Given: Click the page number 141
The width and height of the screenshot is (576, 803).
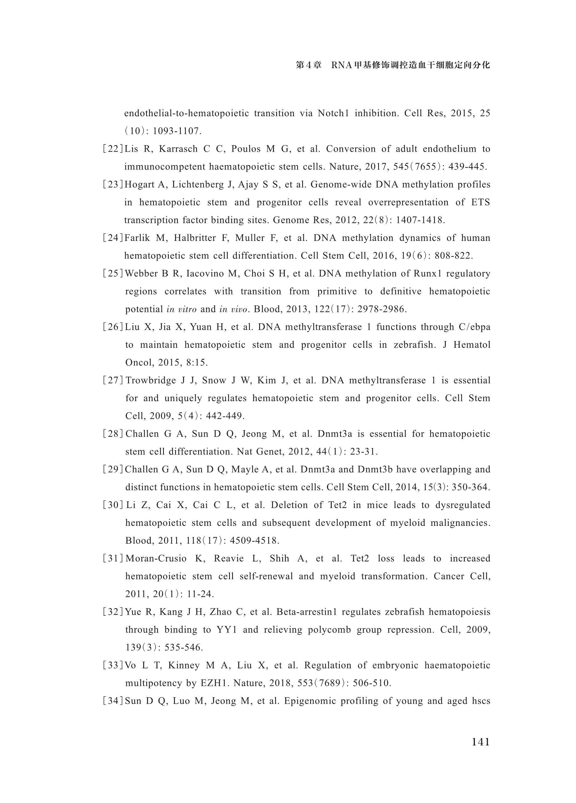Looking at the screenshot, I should coord(480,742).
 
